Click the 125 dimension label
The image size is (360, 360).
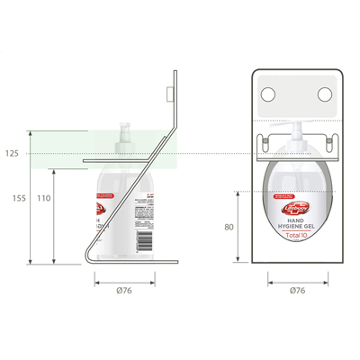pos(12,154)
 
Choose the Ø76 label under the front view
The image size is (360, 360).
pos(296,290)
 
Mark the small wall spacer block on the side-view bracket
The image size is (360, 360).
pos(169,93)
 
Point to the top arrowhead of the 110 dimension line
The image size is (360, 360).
pos(55,168)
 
